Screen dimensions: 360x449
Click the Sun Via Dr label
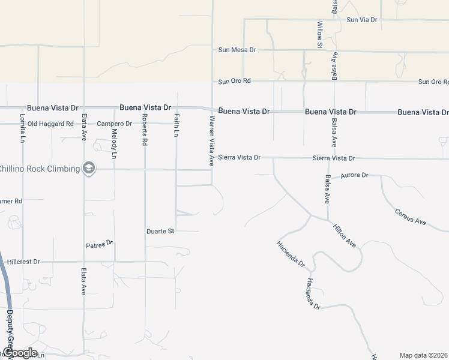[x=361, y=20]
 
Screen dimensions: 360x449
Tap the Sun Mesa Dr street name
[x=237, y=50]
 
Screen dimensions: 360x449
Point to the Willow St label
[x=320, y=34]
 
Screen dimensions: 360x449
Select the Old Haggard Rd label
[x=50, y=124]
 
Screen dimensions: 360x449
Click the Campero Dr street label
[x=114, y=124]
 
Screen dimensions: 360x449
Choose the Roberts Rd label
[x=145, y=130]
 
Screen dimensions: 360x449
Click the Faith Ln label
[x=176, y=125]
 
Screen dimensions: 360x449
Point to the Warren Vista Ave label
[x=211, y=141]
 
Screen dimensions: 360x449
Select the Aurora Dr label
[x=354, y=176]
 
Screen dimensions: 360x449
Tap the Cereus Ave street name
[x=410, y=217]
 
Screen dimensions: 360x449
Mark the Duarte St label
[x=160, y=231]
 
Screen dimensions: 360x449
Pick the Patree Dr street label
[x=100, y=244]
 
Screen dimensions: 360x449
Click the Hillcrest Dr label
[x=23, y=262]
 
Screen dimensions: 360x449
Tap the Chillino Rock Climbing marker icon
[x=89, y=169]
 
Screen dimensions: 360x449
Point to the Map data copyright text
[x=423, y=355]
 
